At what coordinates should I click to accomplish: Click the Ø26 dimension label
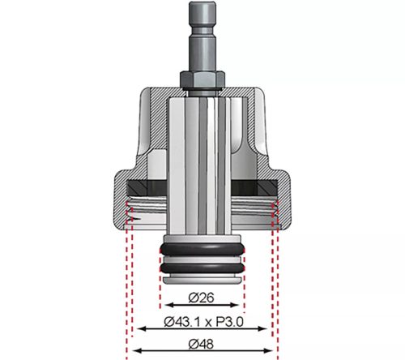click(x=201, y=297)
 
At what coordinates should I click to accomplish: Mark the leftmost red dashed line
click(x=127, y=284)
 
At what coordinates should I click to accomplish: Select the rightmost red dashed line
click(x=278, y=284)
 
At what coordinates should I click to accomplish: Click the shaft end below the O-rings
click(x=202, y=280)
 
